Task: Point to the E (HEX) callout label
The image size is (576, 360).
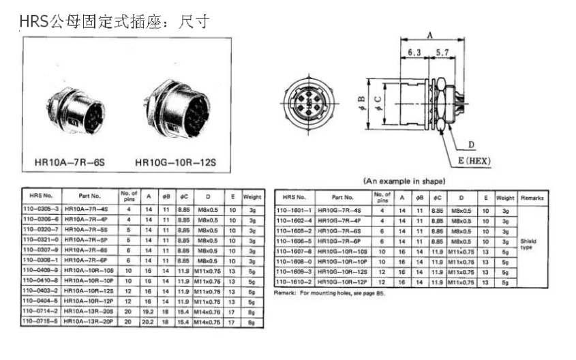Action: tap(471, 161)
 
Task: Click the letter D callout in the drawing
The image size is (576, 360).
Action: tap(471, 145)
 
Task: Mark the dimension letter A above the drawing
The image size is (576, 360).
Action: tap(429, 35)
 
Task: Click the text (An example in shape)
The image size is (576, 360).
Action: tap(405, 181)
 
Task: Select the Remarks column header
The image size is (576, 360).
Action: tap(531, 198)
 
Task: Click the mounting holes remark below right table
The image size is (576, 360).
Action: tap(324, 293)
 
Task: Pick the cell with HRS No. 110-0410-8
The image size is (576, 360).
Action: tap(42, 280)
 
